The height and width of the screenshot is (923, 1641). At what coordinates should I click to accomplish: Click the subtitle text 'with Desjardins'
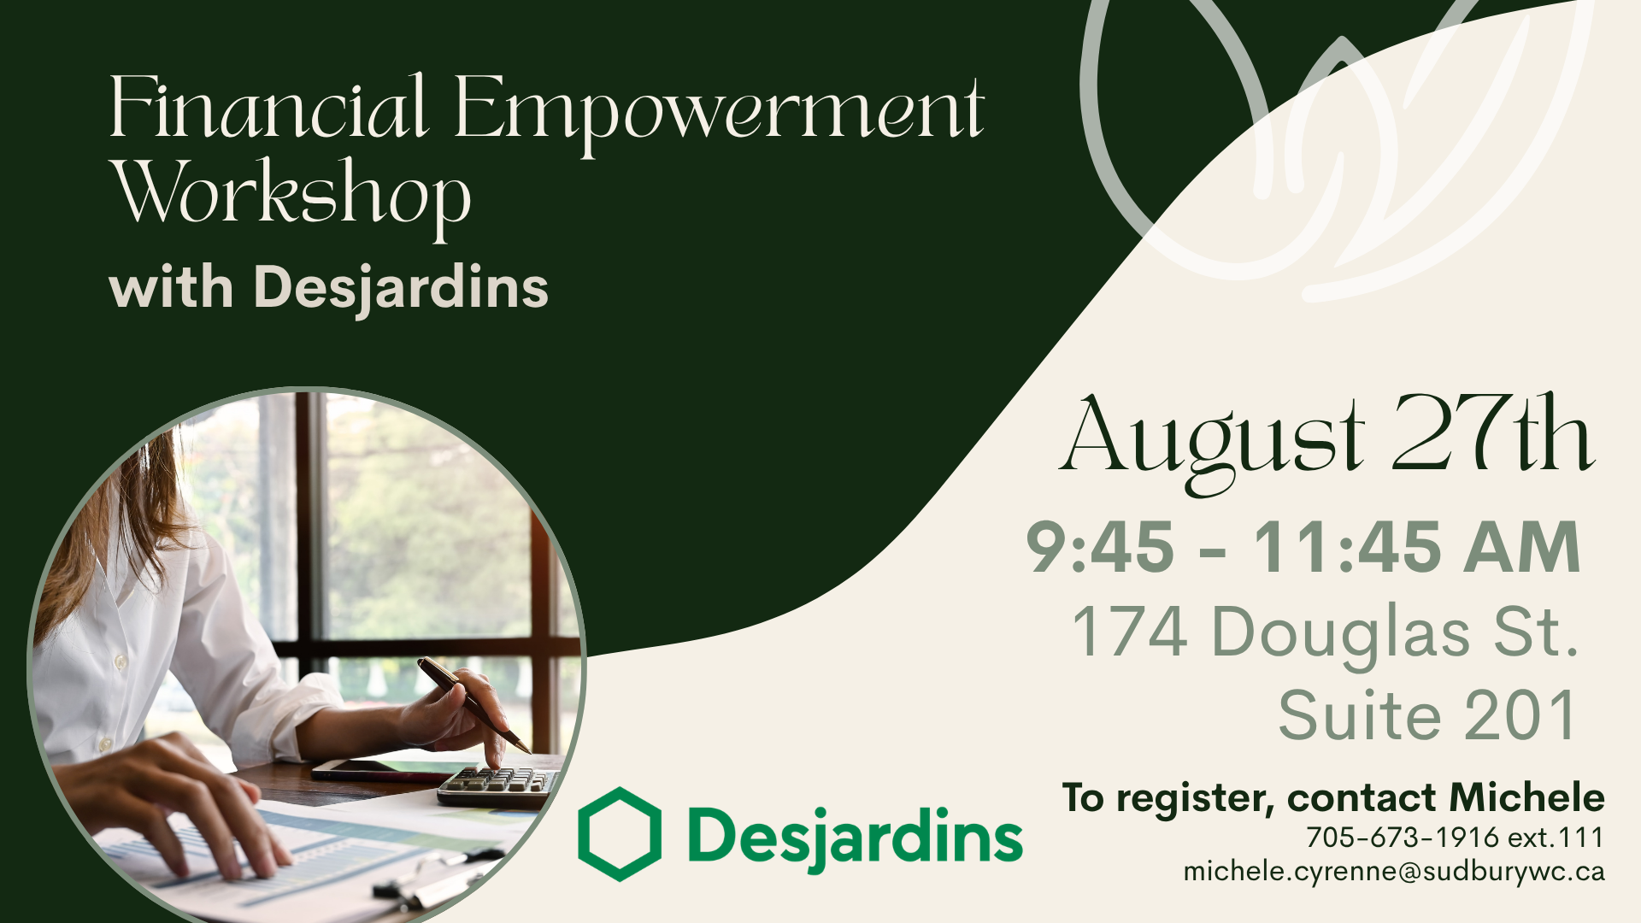point(329,288)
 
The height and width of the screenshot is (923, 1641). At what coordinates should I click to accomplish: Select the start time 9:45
point(1100,547)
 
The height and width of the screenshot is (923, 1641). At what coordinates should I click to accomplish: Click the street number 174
point(1130,632)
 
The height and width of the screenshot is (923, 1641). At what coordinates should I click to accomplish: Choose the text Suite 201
point(1427,715)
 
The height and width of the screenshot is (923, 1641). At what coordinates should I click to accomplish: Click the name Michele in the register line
point(1526,797)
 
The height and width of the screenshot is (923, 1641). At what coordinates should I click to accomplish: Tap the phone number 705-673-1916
point(1403,838)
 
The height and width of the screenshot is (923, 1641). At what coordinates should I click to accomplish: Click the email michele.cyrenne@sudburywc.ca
point(1394,872)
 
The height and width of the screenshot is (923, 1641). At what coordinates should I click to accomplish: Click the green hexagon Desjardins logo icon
point(620,834)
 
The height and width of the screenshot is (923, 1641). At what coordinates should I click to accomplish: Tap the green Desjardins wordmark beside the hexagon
point(855,837)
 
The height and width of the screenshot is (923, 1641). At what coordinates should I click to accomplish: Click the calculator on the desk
point(498,785)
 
